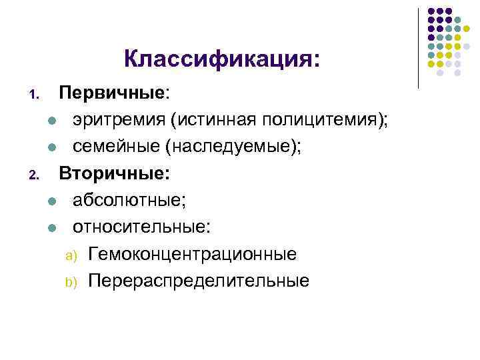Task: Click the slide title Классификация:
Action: click(222, 60)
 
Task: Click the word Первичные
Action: click(111, 93)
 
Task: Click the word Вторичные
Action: click(114, 174)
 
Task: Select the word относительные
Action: click(141, 227)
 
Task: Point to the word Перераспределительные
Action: click(199, 281)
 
